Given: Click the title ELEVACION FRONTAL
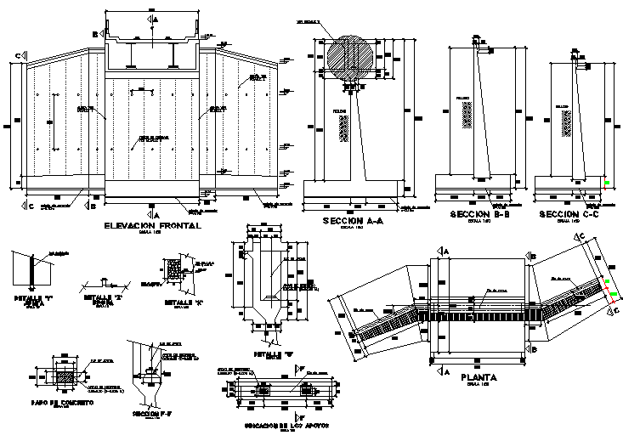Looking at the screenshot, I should click(x=152, y=226).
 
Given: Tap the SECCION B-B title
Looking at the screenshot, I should click(x=472, y=214).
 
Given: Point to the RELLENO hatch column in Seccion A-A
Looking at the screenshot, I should click(x=343, y=130).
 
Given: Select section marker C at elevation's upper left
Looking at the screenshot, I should click(x=18, y=56).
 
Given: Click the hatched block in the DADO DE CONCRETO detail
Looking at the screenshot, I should click(x=64, y=376).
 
